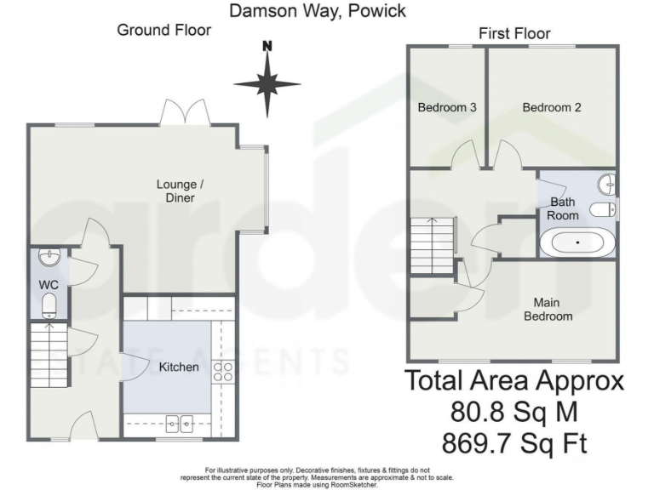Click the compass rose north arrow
[267, 82]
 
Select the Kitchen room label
[179, 367]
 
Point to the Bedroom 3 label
[446, 108]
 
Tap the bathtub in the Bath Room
[577, 242]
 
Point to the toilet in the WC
[49, 305]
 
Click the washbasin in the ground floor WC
[48, 254]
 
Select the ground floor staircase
[48, 351]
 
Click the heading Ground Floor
[163, 31]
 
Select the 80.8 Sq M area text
[514, 413]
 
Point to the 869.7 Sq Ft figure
[514, 443]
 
